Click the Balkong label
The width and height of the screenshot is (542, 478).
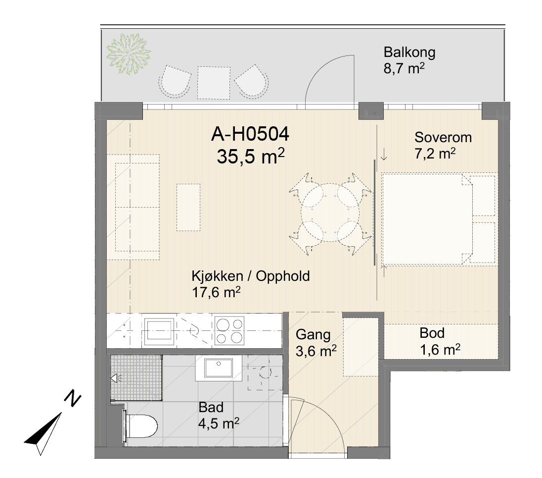(409, 53)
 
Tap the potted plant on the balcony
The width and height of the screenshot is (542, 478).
(129, 53)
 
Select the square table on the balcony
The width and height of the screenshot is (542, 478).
(214, 83)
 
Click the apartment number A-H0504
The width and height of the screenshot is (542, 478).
(250, 134)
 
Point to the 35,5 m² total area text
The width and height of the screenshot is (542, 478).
(251, 156)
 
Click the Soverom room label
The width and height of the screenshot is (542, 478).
(443, 137)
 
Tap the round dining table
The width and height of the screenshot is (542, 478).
(330, 212)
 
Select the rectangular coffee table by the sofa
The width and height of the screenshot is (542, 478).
(188, 208)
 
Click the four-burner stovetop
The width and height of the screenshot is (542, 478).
(229, 331)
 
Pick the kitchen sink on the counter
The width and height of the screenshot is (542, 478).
(159, 331)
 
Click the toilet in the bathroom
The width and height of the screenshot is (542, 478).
(140, 425)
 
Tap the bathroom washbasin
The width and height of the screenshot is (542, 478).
(219, 368)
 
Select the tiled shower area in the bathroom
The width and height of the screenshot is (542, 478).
(136, 377)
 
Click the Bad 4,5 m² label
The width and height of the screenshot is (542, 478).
(219, 415)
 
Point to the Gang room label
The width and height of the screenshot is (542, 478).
(313, 335)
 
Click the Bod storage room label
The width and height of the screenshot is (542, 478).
(432, 333)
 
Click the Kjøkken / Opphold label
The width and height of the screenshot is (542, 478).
(251, 276)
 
